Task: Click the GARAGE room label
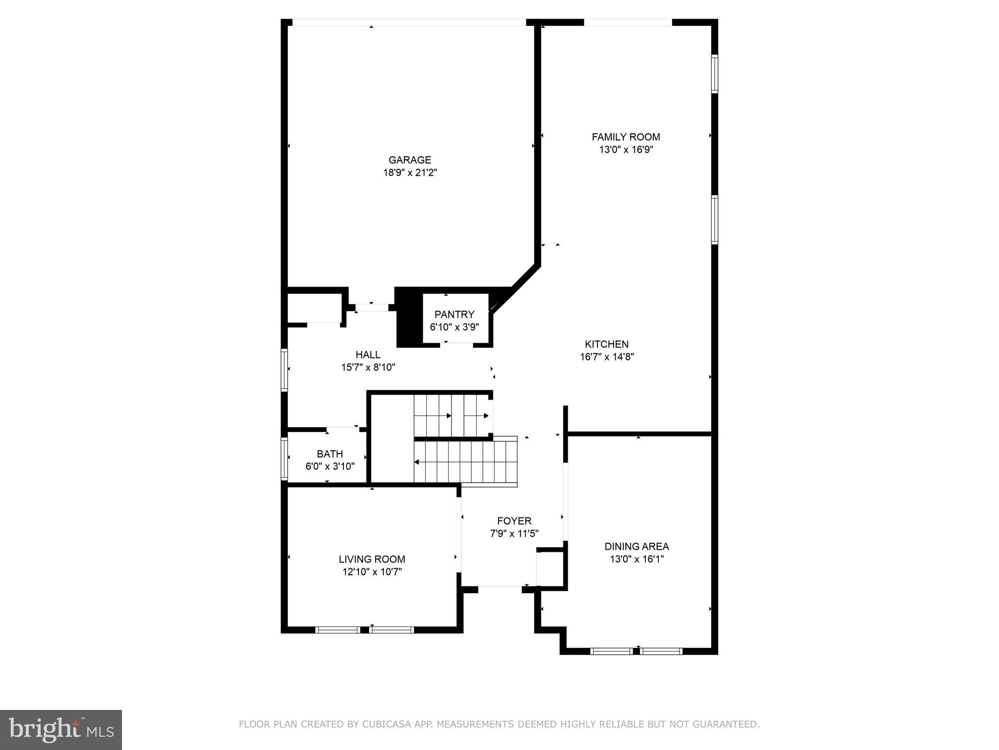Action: (x=410, y=160)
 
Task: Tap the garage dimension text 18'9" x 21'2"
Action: (x=410, y=173)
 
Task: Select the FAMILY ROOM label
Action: (x=626, y=137)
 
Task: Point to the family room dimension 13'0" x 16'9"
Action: (x=626, y=150)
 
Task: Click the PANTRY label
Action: (x=454, y=314)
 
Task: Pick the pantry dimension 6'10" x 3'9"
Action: (x=454, y=327)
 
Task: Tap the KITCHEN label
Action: (x=606, y=344)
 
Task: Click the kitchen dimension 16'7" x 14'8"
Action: (x=606, y=357)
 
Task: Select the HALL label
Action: (x=368, y=355)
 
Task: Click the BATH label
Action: (x=330, y=454)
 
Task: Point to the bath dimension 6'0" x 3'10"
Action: (x=330, y=467)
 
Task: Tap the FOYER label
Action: (x=514, y=521)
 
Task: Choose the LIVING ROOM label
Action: (x=372, y=560)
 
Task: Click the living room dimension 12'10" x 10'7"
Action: (x=372, y=572)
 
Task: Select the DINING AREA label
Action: (x=637, y=547)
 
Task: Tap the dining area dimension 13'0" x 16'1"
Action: (x=637, y=560)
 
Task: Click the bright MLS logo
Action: (x=60, y=730)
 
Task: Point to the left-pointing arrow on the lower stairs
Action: (x=417, y=462)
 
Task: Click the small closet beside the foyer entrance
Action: (x=551, y=569)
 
